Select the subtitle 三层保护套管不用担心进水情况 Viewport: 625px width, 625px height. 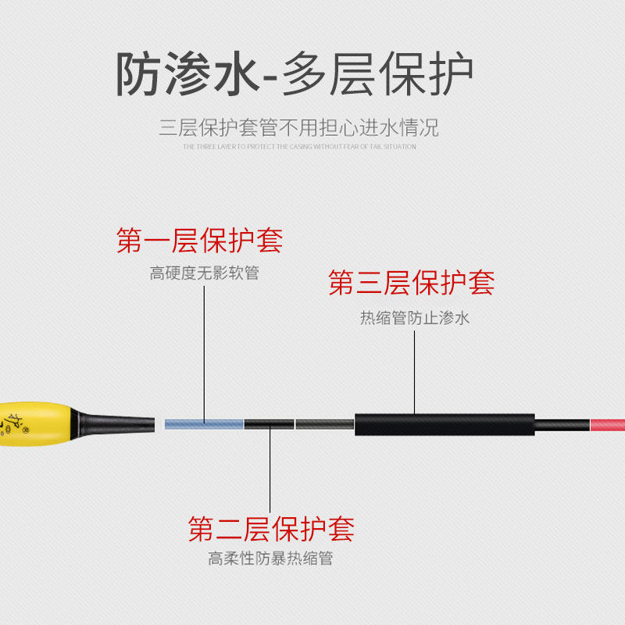tap(299, 127)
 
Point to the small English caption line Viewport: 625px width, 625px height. tap(299, 146)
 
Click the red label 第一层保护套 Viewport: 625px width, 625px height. tap(199, 241)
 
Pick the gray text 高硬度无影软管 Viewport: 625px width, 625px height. tap(204, 273)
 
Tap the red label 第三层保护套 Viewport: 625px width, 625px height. tap(412, 283)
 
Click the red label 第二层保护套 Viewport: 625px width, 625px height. tap(271, 529)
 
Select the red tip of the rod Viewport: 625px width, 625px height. tap(607, 424)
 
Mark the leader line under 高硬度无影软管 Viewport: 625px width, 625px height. tap(205, 352)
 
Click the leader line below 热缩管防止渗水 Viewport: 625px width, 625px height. tap(415, 371)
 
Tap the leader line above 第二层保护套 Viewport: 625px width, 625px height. tap(271, 469)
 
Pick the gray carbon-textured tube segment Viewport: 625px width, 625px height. tap(325, 424)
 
